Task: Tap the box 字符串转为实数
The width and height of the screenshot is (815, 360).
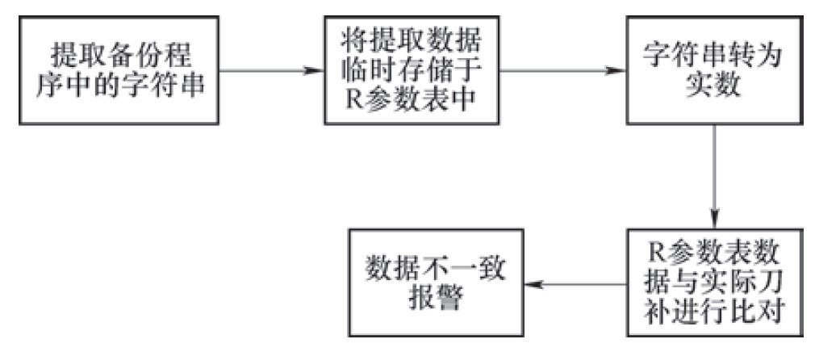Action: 714,71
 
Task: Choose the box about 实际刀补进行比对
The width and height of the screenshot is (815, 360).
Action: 714,284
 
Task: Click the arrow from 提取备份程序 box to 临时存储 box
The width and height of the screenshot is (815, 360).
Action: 269,71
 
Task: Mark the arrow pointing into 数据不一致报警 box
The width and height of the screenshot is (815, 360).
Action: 576,284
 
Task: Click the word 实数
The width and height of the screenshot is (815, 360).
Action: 714,88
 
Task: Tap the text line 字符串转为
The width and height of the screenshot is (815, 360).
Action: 714,55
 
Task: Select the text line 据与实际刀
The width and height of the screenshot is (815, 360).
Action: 714,284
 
